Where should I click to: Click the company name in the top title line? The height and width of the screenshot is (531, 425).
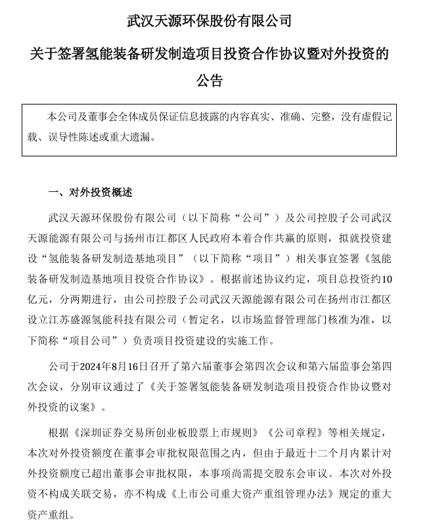pos(209,20)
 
